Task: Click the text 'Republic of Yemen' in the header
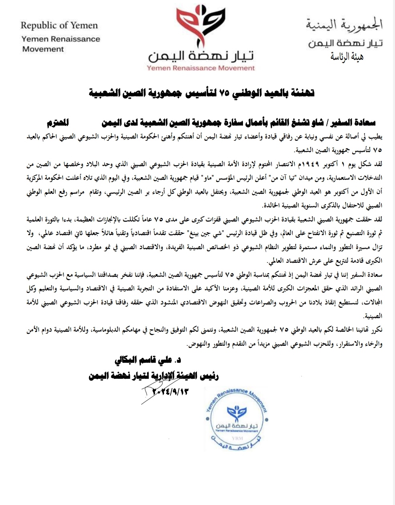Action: pyautogui.click(x=59, y=26)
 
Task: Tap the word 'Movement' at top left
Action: pyautogui.click(x=43, y=49)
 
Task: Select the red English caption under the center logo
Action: pyautogui.click(x=201, y=68)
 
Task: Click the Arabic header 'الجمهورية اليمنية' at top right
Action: pyautogui.click(x=344, y=26)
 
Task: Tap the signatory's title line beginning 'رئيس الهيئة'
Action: pyautogui.click(x=154, y=376)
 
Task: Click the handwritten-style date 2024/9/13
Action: pyautogui.click(x=165, y=390)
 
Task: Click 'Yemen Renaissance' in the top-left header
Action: pyautogui.click(x=61, y=39)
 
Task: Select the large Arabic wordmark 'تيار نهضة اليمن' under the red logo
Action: pyautogui.click(x=201, y=55)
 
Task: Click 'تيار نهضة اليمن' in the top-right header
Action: pyautogui.click(x=345, y=43)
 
